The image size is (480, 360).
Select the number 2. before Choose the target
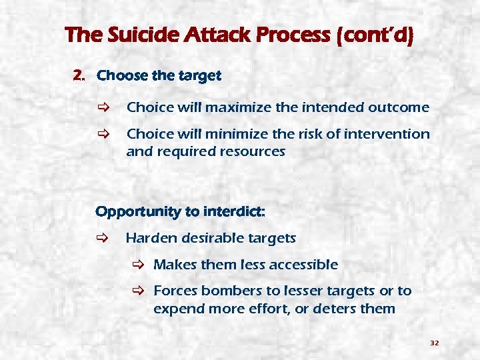pos(79,75)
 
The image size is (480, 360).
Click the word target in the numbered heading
pos(198,75)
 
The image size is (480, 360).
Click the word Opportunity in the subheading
pos(138,212)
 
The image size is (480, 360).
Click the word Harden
pos(147,238)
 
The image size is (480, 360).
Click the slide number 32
pos(434,343)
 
